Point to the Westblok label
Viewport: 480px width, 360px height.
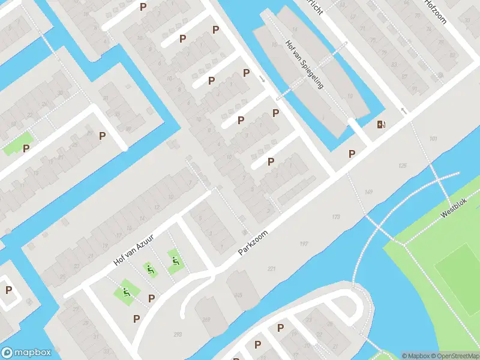point(453,212)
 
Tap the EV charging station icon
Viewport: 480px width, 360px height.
point(381,125)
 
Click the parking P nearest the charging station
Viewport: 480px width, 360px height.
point(352,154)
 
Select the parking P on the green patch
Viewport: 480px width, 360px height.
point(26,148)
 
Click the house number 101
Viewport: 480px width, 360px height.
point(434,139)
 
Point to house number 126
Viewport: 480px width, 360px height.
point(402,166)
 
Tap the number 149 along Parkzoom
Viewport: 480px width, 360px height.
point(368,192)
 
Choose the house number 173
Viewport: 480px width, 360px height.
point(335,217)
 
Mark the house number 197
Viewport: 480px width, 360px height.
point(304,244)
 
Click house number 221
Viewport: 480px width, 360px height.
point(271,269)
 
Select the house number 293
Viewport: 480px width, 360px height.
point(178,334)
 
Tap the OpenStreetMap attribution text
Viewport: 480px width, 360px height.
point(454,355)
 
